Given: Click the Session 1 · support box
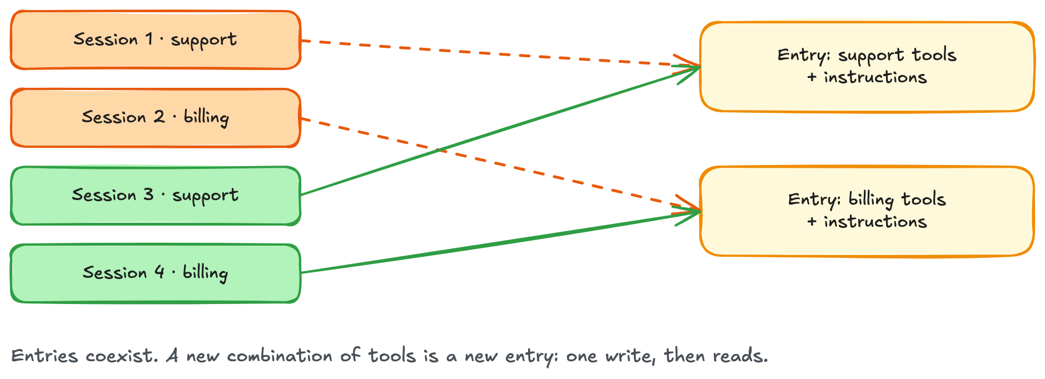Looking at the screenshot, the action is coord(156,40).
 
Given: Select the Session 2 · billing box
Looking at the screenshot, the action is coord(156,118).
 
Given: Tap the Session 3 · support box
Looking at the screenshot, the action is coord(156,196).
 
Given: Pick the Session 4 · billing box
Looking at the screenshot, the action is coord(156,273).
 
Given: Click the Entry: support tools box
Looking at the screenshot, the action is coord(867,67).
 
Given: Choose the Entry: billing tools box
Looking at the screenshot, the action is coord(867,211).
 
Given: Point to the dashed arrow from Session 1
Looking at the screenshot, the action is coord(500,53).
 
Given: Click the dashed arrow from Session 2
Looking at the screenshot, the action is coord(500,164).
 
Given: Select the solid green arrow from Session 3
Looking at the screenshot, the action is coord(500,131).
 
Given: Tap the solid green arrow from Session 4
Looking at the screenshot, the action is coord(500,242).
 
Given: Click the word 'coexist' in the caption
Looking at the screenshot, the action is coord(121,356).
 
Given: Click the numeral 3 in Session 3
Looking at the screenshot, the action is coord(148,195).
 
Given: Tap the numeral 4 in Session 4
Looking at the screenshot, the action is coord(160,272).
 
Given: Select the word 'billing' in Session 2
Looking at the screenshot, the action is coord(206,118).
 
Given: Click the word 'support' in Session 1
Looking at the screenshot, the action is coord(203,41).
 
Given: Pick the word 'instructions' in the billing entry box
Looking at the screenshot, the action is coord(875,222).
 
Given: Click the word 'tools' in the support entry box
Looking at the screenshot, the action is coord(934,55).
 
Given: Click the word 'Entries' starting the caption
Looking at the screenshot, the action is coord(44,356).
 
